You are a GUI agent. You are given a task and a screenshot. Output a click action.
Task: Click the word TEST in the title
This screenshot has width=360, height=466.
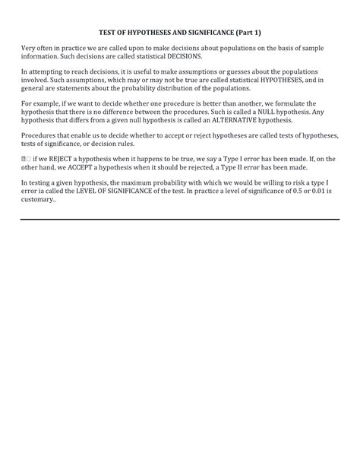coord(109,33)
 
